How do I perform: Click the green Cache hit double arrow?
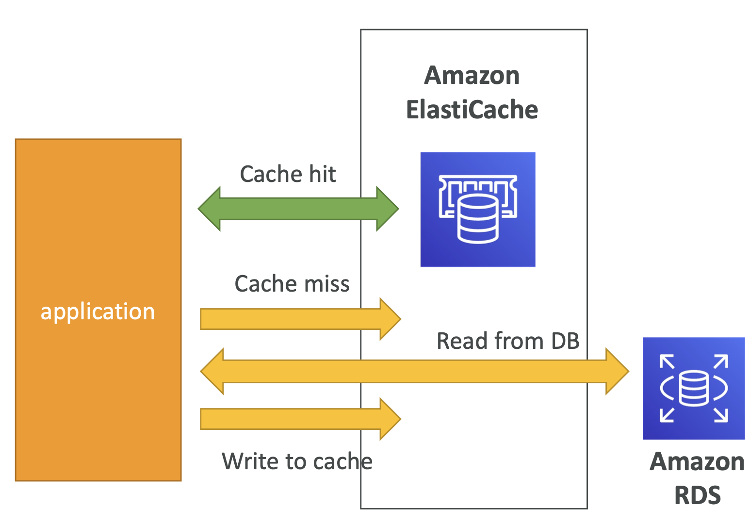coord(298,209)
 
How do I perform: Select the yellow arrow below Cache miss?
coord(300,319)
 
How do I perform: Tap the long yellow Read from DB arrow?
coord(415,371)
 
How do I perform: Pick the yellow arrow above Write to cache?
coord(300,419)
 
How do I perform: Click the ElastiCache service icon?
coord(478,209)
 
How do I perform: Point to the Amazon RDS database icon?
coord(694,388)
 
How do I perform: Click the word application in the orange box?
coord(98,311)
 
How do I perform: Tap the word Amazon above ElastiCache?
coord(472,75)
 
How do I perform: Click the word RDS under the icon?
coord(698,495)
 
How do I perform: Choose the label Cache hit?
coord(288,174)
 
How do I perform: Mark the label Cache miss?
coord(292,283)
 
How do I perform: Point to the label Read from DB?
coord(508,341)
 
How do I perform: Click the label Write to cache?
coord(297,461)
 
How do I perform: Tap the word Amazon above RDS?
coord(697,461)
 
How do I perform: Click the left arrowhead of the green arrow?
coord(209,209)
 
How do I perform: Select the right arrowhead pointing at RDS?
coord(617,371)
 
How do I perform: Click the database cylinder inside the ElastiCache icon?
coord(478,219)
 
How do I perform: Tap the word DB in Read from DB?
coord(566,341)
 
